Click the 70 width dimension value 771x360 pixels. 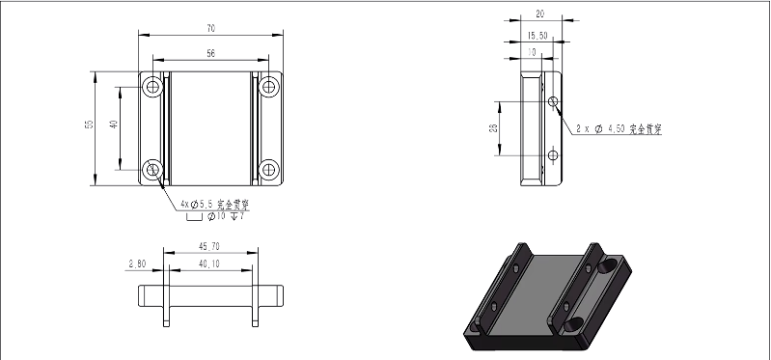[210, 28]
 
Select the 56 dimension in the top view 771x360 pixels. [210, 53]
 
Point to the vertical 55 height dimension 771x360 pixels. [87, 125]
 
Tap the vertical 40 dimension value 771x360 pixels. [113, 125]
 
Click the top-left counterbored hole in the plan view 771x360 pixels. [153, 87]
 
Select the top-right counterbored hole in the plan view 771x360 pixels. [268, 87]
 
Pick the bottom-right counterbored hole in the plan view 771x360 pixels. [268, 171]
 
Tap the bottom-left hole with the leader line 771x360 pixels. [153, 171]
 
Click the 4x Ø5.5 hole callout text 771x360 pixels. [215, 205]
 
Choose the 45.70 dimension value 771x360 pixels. [209, 245]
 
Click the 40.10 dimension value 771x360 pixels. [209, 262]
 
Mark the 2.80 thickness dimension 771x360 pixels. [138, 262]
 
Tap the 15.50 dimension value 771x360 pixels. [537, 36]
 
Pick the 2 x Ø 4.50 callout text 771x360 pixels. [619, 127]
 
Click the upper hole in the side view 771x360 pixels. [552, 101]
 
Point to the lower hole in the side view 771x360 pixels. [552, 153]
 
